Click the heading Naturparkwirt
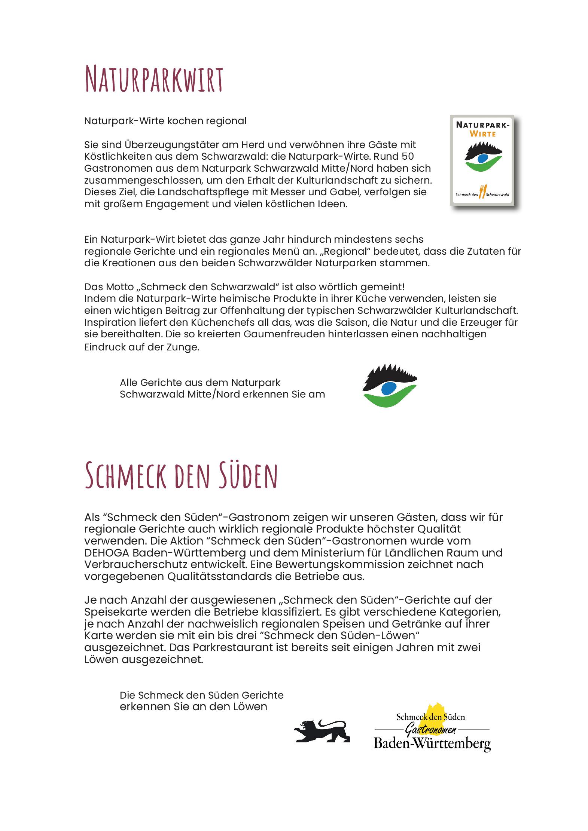click(154, 79)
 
